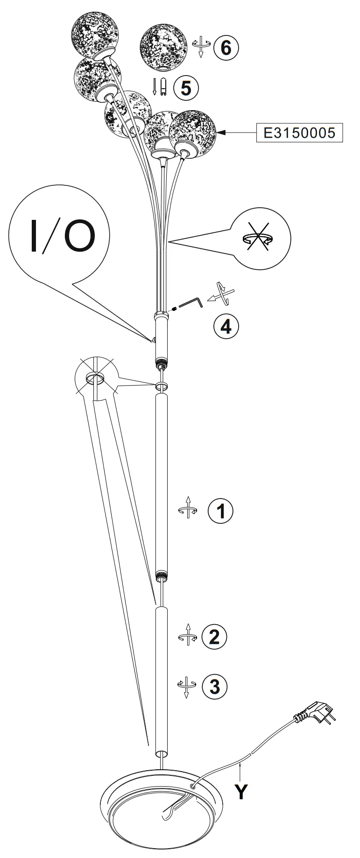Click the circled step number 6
click(226, 47)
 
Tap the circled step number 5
click(186, 87)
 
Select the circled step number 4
click(226, 326)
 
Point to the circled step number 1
click(220, 510)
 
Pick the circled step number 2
click(214, 637)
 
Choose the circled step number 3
click(214, 686)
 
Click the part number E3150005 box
click(299, 133)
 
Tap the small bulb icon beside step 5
click(163, 87)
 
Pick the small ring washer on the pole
click(161, 386)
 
